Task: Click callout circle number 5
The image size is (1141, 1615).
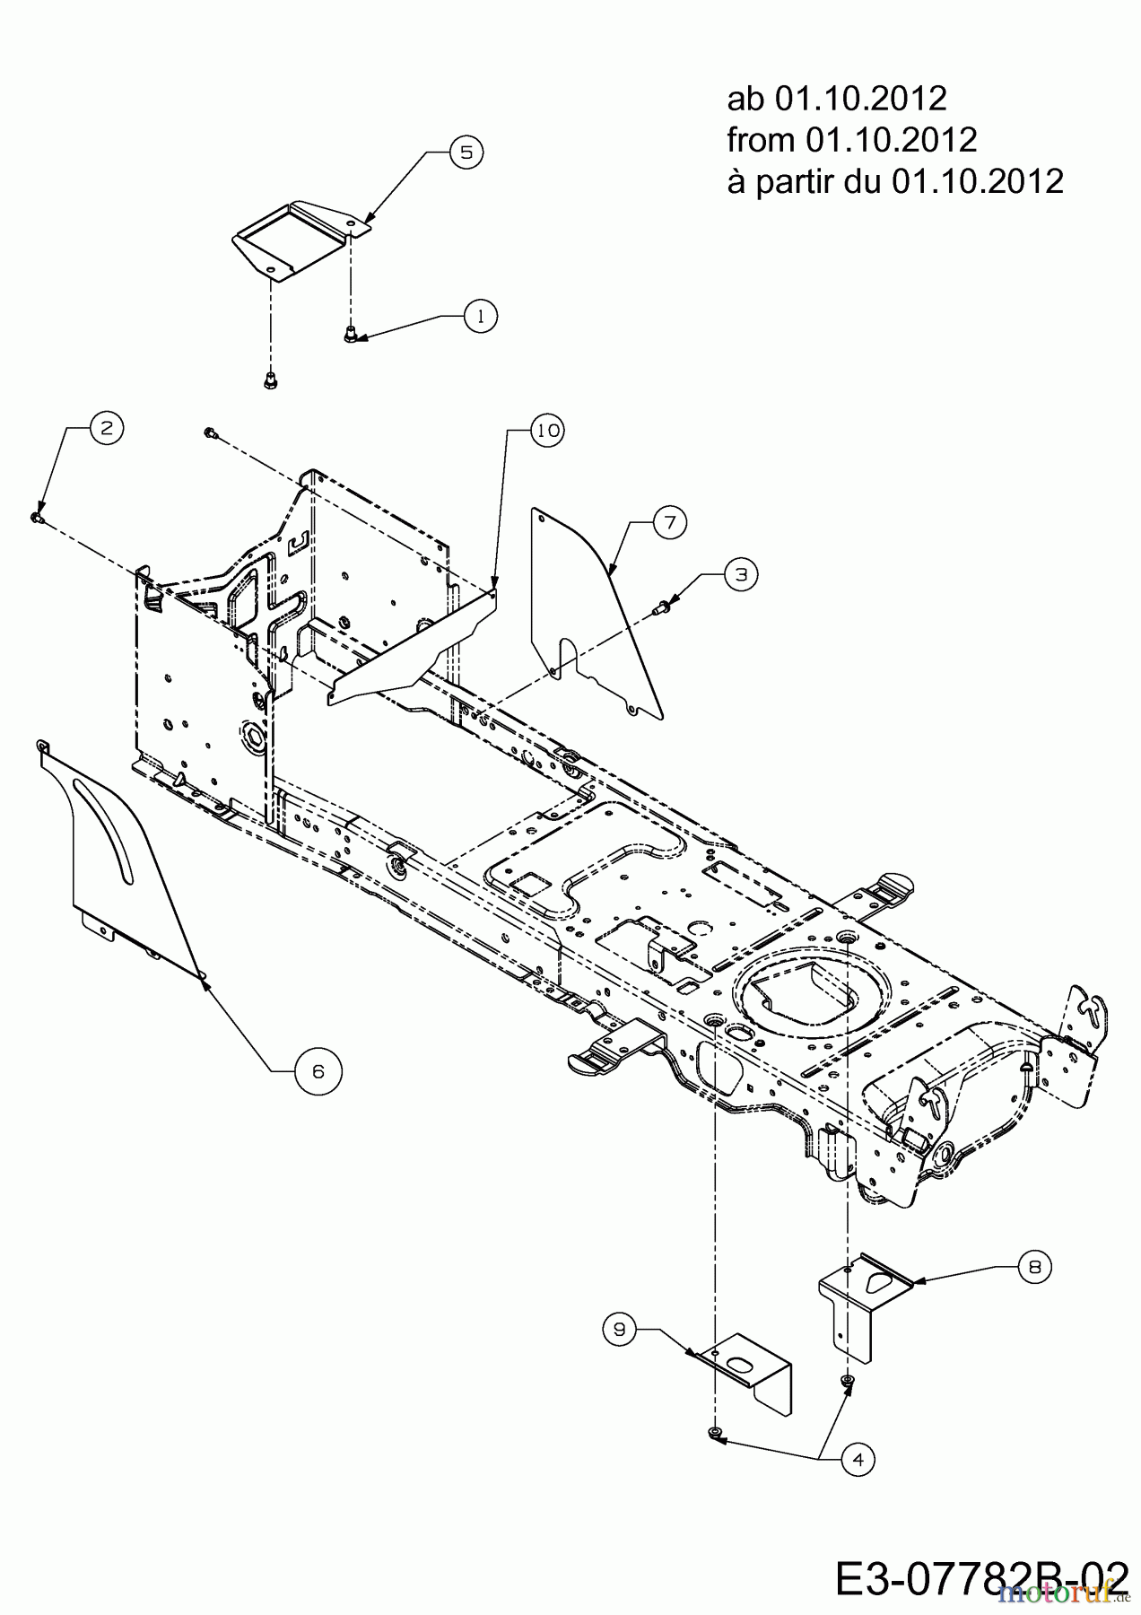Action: point(466,152)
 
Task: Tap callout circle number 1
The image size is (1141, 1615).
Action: point(481,316)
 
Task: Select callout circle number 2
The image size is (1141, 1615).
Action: point(106,429)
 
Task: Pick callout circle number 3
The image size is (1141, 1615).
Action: point(740,574)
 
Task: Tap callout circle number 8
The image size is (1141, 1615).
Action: point(1035,1267)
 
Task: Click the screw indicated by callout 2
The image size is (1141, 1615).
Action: point(37,518)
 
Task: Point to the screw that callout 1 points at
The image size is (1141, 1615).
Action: point(350,335)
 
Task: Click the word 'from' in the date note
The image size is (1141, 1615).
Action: point(762,140)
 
